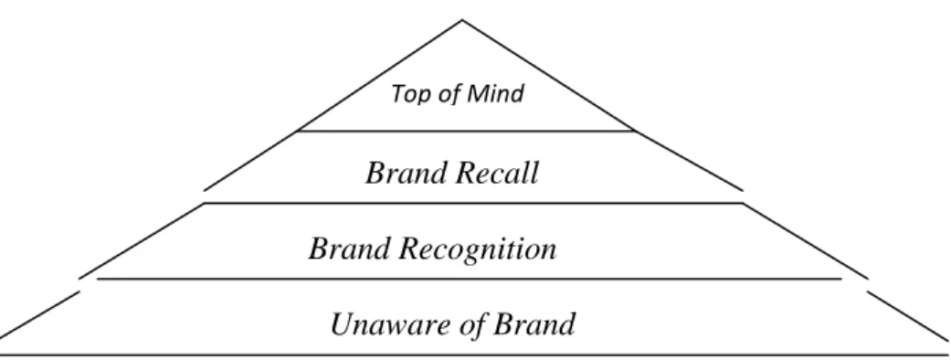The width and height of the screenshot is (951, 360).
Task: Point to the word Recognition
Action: pyautogui.click(x=477, y=249)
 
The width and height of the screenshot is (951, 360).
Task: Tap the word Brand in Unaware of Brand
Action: pyautogui.click(x=534, y=324)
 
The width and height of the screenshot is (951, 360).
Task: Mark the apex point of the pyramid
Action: pyautogui.click(x=462, y=20)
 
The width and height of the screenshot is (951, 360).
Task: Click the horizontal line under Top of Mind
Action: pyautogui.click(x=466, y=131)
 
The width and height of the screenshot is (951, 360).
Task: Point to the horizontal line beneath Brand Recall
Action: pyautogui.click(x=473, y=203)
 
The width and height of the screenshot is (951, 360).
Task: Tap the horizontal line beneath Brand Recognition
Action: pyautogui.click(x=469, y=280)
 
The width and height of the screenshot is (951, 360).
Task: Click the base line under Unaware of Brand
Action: pyautogui.click(x=475, y=355)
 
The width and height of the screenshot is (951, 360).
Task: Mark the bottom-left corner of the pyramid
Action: pyautogui.click(x=1, y=355)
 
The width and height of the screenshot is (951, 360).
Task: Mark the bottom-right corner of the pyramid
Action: pyautogui.click(x=949, y=355)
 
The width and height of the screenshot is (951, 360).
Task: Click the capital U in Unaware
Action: pyautogui.click(x=342, y=324)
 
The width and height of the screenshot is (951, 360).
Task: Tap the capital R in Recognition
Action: pyautogui.click(x=409, y=249)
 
